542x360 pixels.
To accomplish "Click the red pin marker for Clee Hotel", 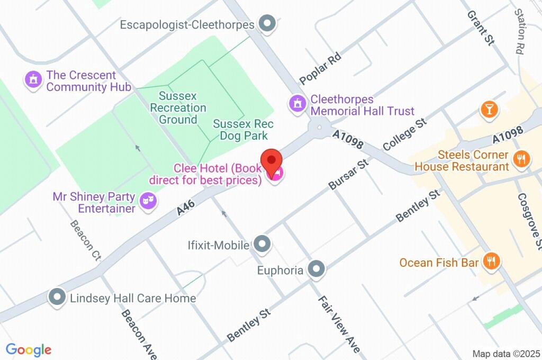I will pyautogui.click(x=272, y=160).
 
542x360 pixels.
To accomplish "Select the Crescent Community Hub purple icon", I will pyautogui.click(x=33, y=80).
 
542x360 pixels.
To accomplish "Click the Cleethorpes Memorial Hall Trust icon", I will pyautogui.click(x=297, y=104).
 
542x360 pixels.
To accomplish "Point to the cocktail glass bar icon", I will pyautogui.click(x=489, y=110).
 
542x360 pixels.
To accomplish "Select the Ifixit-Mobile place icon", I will pyautogui.click(x=261, y=245).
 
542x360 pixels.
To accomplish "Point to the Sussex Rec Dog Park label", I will pyautogui.click(x=243, y=130).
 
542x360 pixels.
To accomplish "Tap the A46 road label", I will pyautogui.click(x=186, y=206).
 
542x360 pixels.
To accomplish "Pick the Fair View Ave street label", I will pyautogui.click(x=339, y=325).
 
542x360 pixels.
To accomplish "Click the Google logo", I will pyautogui.click(x=28, y=349).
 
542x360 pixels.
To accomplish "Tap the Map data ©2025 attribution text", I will pyautogui.click(x=505, y=354).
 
